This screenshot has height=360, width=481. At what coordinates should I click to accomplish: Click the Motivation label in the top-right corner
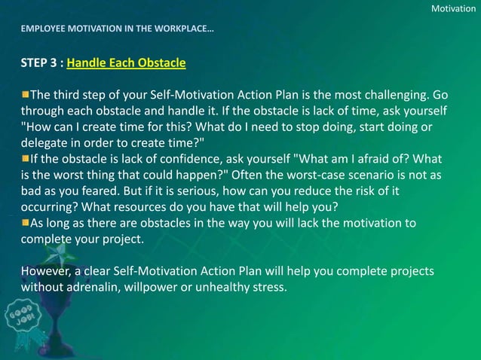[x=453, y=8]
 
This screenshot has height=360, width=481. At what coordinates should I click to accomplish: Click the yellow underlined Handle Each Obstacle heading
[x=126, y=63]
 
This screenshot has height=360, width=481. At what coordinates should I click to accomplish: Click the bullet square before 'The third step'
[x=26, y=95]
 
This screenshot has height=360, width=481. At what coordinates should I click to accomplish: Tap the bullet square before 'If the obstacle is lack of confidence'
[x=26, y=158]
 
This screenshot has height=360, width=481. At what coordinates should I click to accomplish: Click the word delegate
[x=47, y=143]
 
